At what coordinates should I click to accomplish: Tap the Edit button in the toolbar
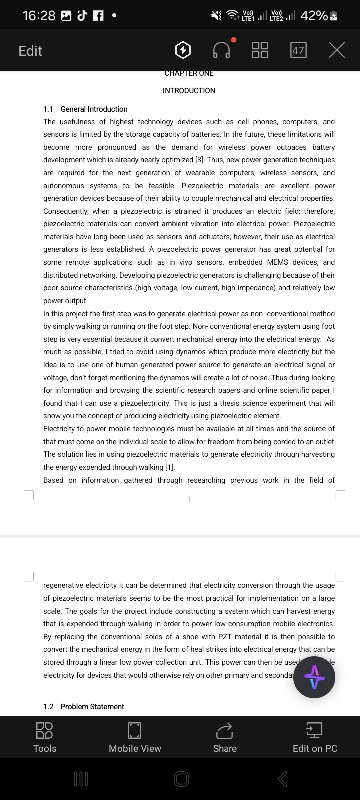pyautogui.click(x=30, y=51)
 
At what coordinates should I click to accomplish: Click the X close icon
pyautogui.click(x=337, y=50)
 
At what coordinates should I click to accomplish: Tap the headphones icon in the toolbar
pyautogui.click(x=222, y=50)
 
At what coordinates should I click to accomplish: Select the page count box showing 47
pyautogui.click(x=298, y=50)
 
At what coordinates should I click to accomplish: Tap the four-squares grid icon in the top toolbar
pyautogui.click(x=260, y=50)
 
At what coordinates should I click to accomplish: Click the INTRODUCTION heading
pyautogui.click(x=189, y=91)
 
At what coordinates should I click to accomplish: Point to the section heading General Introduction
pyautogui.click(x=94, y=109)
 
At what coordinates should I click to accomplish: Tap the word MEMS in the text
pyautogui.click(x=264, y=262)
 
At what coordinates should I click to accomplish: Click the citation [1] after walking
pyautogui.click(x=170, y=467)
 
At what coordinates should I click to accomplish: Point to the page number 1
pyautogui.click(x=189, y=499)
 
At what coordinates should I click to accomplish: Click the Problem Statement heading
pyautogui.click(x=92, y=707)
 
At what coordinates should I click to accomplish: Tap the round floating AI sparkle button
pyautogui.click(x=314, y=677)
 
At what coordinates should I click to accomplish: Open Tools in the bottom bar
pyautogui.click(x=45, y=737)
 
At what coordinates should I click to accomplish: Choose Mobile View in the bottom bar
pyautogui.click(x=135, y=737)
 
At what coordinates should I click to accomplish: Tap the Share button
pyautogui.click(x=225, y=737)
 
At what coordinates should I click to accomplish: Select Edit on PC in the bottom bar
pyautogui.click(x=315, y=737)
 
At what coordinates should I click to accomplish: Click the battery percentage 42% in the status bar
pyautogui.click(x=314, y=16)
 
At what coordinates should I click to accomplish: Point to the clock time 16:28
pyautogui.click(x=39, y=16)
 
